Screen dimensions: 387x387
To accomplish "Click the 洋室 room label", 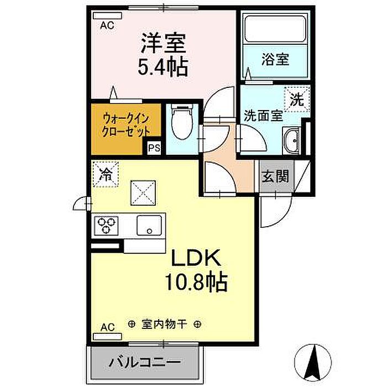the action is [x=163, y=44].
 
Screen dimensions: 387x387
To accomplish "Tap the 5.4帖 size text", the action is [x=163, y=67].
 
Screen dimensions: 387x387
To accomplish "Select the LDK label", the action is [x=196, y=258].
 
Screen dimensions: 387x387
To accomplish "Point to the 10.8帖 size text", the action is [x=196, y=282].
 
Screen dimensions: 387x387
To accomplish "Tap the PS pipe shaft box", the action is [x=154, y=148].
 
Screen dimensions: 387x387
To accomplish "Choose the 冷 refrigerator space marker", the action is [x=106, y=174].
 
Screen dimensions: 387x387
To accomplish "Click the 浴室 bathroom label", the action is [x=275, y=60].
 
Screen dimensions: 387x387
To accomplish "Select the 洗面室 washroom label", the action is [x=263, y=116].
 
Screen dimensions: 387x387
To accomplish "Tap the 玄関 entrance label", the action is [x=275, y=176].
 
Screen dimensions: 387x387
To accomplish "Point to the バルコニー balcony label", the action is [x=145, y=363].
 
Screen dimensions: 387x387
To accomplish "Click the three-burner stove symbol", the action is [x=106, y=226].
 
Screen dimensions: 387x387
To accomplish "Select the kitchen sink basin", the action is [x=149, y=226].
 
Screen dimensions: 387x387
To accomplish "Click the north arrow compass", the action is [x=313, y=362].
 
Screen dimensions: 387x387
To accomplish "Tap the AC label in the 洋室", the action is [x=107, y=25].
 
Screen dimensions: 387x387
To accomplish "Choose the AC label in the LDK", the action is [x=108, y=327].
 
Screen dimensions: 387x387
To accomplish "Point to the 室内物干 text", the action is [x=164, y=324].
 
